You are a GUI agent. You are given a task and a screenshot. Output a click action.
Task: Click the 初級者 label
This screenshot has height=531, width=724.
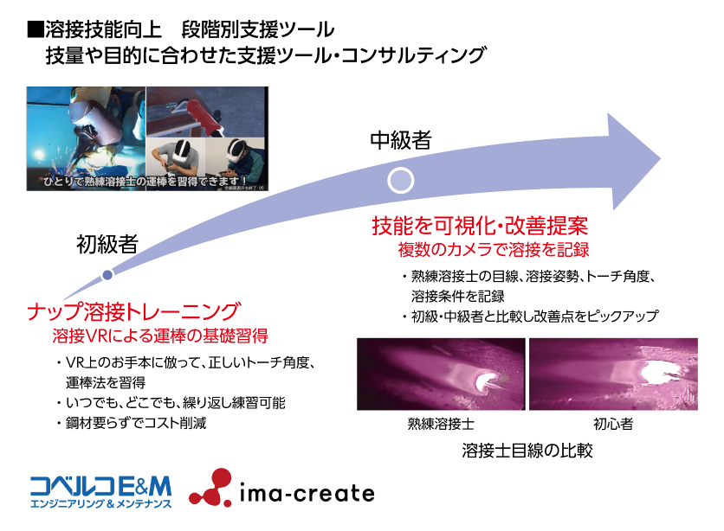point(107,244)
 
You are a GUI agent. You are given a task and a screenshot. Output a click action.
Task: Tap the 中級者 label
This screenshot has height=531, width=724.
point(401,139)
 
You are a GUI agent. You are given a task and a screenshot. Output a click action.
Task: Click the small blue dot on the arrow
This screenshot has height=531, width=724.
point(107,275)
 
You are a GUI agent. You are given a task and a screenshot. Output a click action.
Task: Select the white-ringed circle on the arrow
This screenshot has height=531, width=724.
point(400,180)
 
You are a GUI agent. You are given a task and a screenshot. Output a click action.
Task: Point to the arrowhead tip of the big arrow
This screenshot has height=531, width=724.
point(660,159)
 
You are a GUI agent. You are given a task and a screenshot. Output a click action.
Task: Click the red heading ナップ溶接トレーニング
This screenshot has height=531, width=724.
point(134,311)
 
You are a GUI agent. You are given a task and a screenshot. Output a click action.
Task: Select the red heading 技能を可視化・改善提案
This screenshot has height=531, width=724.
point(480,226)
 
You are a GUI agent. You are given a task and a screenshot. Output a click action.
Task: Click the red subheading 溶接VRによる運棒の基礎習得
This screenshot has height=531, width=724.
point(160,336)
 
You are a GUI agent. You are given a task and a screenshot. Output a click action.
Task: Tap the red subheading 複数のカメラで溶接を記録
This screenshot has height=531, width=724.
point(494,249)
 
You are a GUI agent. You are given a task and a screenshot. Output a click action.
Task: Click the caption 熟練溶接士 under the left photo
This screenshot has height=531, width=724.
point(441,424)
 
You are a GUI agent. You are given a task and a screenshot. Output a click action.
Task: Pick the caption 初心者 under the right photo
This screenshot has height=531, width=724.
point(613,424)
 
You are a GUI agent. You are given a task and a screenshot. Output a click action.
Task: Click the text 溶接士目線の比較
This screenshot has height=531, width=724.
point(527,451)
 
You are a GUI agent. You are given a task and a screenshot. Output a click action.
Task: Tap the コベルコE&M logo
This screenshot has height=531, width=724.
point(100,492)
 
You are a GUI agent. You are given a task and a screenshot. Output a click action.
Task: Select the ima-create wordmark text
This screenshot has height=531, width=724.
point(307,493)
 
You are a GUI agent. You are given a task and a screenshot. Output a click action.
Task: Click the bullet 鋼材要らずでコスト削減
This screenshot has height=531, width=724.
point(132,423)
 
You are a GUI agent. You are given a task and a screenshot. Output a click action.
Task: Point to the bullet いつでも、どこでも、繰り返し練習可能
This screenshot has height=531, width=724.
point(171,403)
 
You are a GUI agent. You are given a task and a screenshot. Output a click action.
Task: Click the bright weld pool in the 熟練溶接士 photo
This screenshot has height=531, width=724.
point(486,381)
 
